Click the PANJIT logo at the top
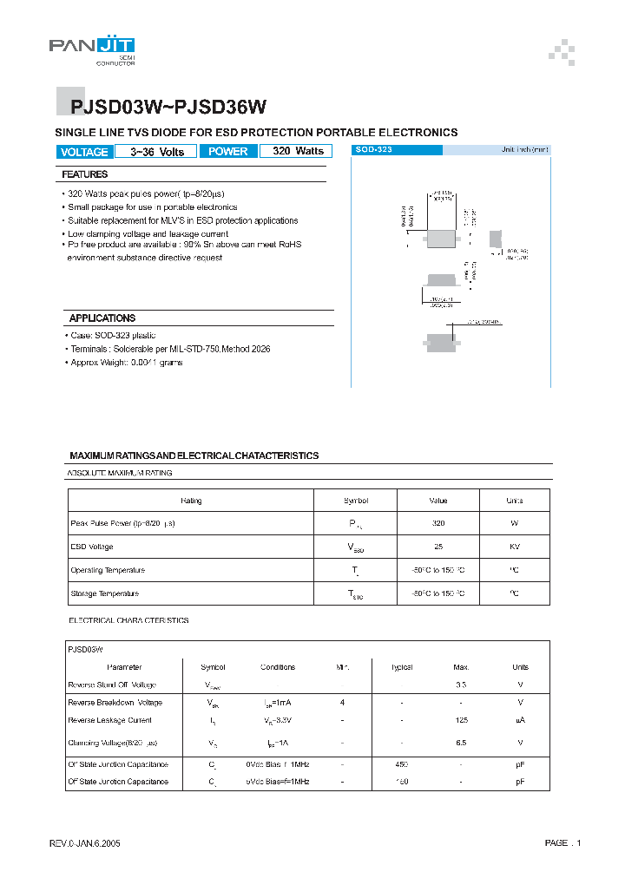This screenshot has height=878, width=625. pos(92,47)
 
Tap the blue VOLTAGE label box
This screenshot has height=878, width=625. pos(84,152)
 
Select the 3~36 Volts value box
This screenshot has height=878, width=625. pos(157,152)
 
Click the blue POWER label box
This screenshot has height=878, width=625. pos(229,152)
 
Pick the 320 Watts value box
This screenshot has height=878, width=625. pos(298,151)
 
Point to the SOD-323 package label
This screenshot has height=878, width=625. pos(374,150)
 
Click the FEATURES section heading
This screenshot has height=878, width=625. pos(85,174)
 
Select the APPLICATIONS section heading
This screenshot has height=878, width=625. pos(102,318)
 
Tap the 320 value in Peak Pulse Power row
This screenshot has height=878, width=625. pos(437,524)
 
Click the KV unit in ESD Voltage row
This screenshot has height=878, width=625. pos(514,547)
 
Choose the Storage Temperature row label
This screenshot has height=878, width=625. pos(104,593)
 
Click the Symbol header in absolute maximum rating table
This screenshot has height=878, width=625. pos(356,501)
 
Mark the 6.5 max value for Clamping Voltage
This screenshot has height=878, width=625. pos(460,744)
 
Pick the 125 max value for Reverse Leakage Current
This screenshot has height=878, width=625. pos(460,720)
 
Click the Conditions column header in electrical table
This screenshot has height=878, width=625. pos(278,667)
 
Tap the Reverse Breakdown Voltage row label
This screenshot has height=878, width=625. pos(115,702)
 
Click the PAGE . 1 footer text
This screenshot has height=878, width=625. pos(562,843)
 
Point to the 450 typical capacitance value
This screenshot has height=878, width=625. pos(402,764)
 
